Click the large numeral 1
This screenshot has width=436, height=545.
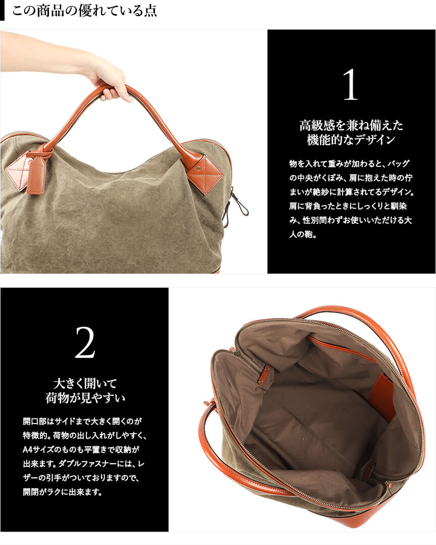350,85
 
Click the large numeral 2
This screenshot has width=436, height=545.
85,343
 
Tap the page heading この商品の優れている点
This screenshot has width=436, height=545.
84,11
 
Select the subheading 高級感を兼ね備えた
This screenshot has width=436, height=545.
351,125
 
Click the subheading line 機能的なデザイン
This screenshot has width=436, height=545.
351,140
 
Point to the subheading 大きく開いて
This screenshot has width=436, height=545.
85,384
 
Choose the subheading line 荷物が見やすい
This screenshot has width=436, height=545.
85,398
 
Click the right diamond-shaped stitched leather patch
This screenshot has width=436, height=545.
205,170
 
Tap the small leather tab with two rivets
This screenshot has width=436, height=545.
264,375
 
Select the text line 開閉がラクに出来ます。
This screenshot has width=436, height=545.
63,492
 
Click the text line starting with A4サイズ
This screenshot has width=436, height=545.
81,449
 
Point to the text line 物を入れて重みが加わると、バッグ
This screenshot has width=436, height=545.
349,163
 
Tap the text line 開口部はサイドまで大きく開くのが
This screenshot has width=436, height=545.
82,421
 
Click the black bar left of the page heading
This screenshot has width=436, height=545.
2,11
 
